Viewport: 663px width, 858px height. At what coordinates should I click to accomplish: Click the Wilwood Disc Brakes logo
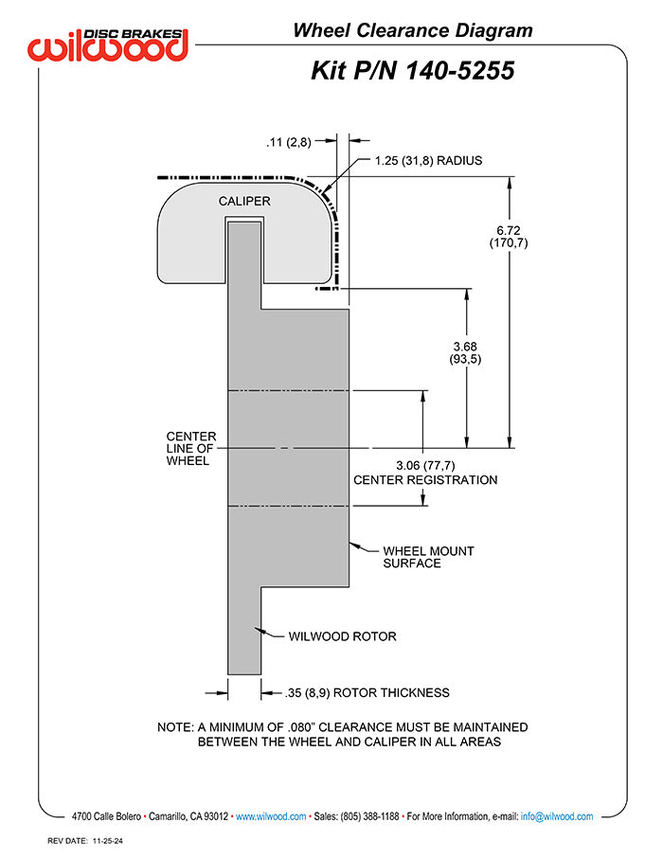click(108, 45)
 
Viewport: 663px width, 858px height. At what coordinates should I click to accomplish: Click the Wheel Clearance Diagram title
click(413, 30)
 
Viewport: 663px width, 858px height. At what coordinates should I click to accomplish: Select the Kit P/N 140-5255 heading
click(413, 71)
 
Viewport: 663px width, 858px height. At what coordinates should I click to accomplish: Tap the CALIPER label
click(244, 202)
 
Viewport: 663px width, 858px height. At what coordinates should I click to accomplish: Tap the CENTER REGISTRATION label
click(425, 480)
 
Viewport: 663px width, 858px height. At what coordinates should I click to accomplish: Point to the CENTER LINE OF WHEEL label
click(191, 449)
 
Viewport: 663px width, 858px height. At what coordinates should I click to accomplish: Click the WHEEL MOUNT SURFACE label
click(428, 557)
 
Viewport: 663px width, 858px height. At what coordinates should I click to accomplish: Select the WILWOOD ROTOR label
click(342, 636)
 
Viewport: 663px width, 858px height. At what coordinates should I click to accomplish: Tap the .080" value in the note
click(300, 727)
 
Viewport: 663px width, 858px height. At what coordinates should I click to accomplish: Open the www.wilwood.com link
click(271, 816)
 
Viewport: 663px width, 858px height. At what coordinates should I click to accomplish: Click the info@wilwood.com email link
click(557, 816)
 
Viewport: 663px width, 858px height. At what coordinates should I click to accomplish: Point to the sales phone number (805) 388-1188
click(369, 816)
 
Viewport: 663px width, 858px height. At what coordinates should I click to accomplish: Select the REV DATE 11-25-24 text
click(85, 841)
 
